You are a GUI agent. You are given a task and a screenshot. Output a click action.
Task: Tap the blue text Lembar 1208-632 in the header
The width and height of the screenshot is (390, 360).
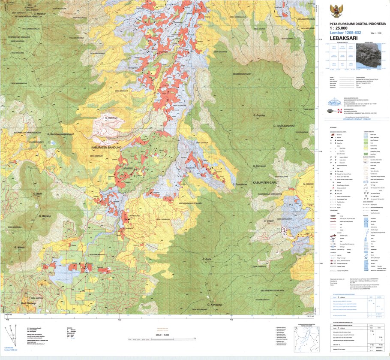pyautogui.click(x=345, y=33)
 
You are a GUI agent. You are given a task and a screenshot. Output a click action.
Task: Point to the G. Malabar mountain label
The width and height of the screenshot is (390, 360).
pyautogui.click(x=39, y=14)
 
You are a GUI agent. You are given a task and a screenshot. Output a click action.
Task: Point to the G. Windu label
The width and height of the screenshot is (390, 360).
pyautogui.click(x=20, y=248)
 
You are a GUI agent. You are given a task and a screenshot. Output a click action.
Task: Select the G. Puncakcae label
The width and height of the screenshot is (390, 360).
pyautogui.click(x=240, y=185)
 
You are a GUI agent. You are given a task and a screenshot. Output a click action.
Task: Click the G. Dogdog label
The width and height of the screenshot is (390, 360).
pyautogui.click(x=260, y=115)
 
